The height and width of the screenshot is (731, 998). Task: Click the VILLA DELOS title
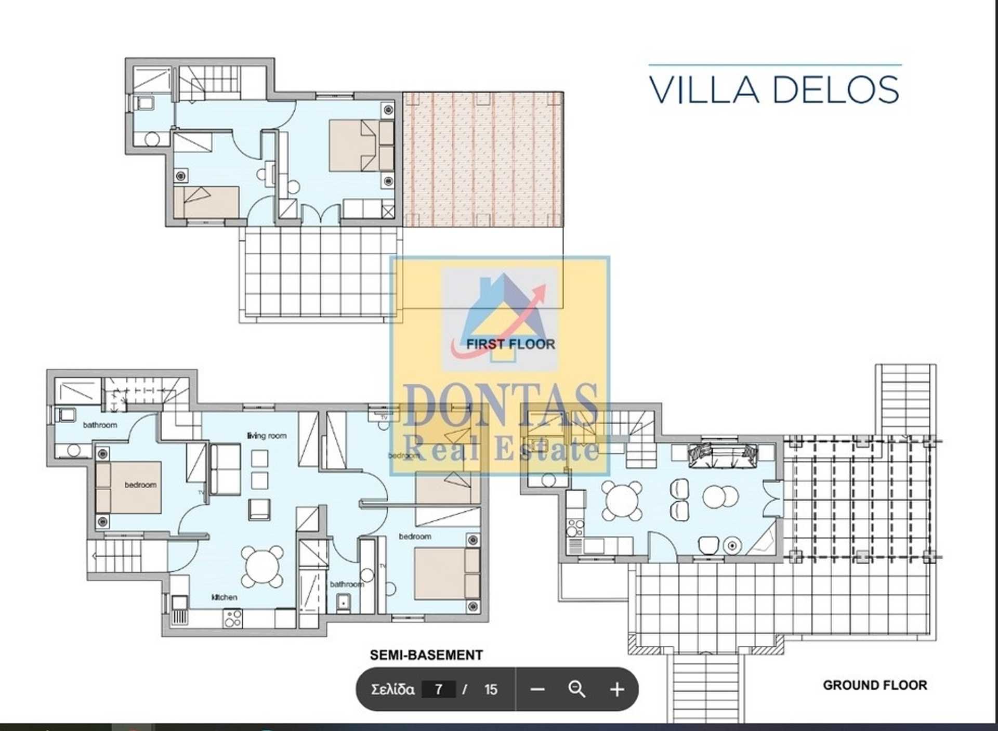pos(774,89)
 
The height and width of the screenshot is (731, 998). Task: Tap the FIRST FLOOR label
pos(510,344)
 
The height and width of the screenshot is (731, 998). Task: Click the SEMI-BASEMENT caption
pos(426,655)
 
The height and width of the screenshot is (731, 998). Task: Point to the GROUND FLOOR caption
pos(875,685)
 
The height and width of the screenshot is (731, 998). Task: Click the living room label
pos(267,436)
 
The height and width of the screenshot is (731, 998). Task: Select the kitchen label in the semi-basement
pos(224,597)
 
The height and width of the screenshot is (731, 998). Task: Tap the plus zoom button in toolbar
pos(617,689)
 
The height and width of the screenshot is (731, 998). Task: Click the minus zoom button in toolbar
pos(537,689)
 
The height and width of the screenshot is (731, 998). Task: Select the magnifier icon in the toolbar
pos(577,689)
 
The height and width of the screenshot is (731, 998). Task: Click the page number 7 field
pos(439,689)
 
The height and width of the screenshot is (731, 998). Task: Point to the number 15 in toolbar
pos(491,689)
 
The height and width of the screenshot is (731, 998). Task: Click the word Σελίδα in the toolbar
pos(392,689)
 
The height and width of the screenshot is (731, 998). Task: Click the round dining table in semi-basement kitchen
pos(262,566)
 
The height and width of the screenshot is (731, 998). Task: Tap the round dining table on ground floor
pos(622,500)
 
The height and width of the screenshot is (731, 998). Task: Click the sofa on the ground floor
pos(722,455)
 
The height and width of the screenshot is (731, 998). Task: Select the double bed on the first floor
pos(353,146)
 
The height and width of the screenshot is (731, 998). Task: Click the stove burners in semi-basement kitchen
pos(232,618)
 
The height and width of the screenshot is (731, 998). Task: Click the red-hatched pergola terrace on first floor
pos(482,159)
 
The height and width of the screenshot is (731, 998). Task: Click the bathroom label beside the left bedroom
pos(100,425)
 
